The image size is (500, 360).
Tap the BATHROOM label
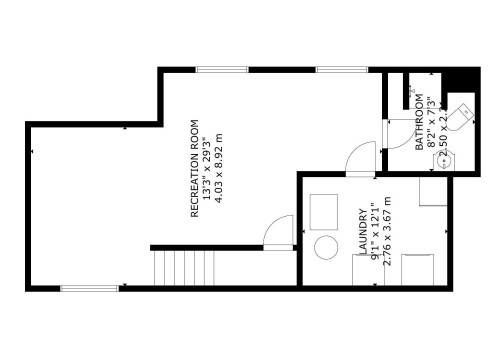tap(420, 124)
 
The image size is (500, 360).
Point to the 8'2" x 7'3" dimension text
tap(432, 124)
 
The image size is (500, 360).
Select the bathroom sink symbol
tap(449, 159)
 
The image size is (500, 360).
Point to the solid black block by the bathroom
tap(460, 80)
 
